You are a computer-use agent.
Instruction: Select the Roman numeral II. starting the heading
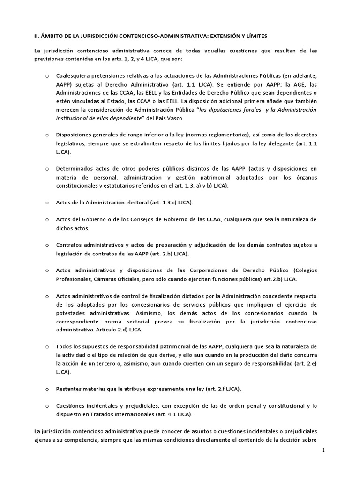coord(38,36)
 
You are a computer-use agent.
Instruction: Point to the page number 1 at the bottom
coord(323,450)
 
